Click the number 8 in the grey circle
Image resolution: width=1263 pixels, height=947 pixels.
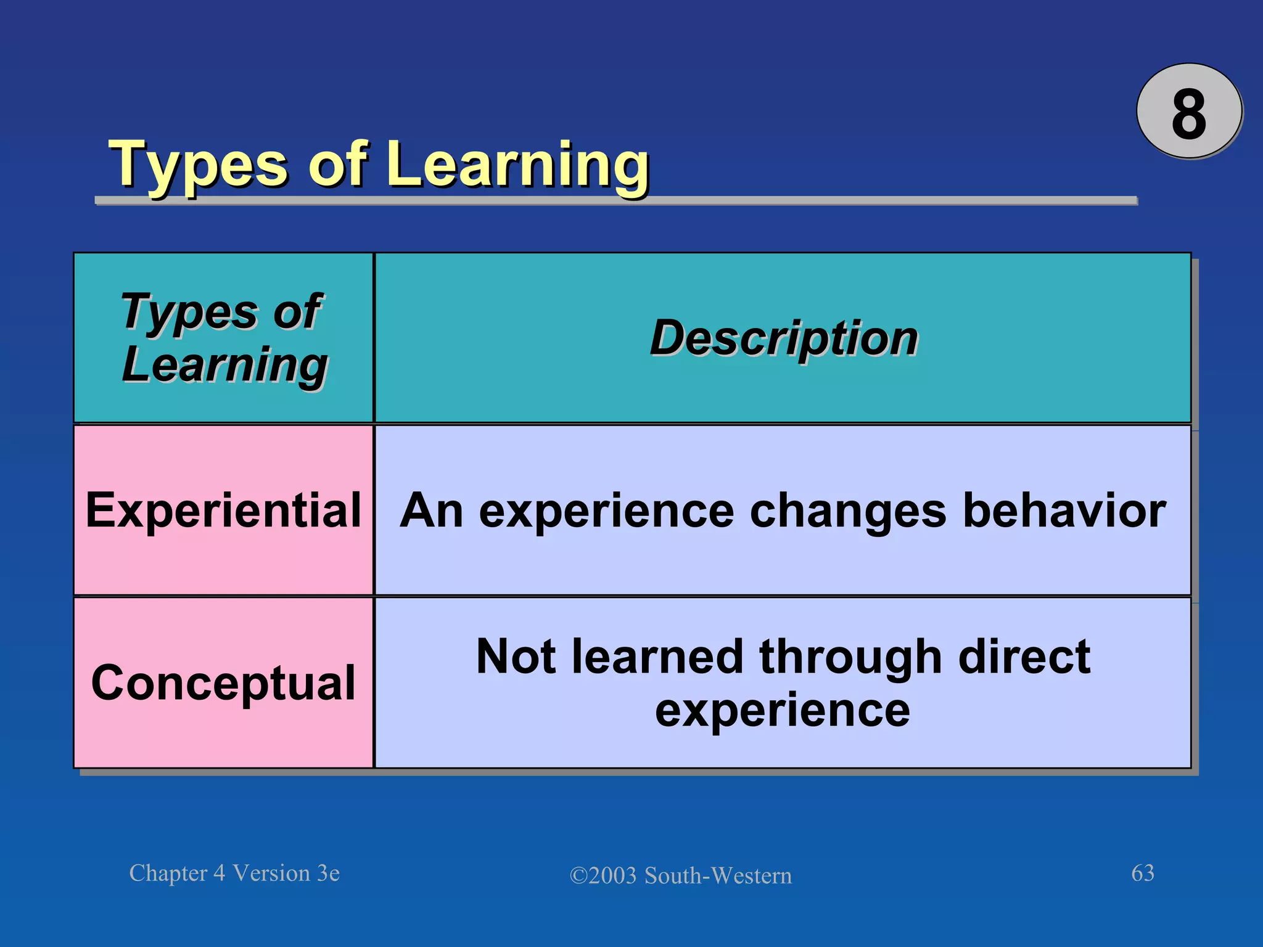click(x=1188, y=115)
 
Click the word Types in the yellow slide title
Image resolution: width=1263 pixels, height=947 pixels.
click(x=198, y=166)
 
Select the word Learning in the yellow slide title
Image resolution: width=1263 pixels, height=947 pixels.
click(x=519, y=166)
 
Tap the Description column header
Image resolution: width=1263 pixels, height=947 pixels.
click(x=784, y=338)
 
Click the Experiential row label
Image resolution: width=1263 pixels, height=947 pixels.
click(x=223, y=511)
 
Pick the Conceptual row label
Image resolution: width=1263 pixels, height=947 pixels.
click(x=223, y=684)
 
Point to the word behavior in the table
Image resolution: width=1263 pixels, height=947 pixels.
click(x=1064, y=511)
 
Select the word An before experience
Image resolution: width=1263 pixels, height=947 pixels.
click(x=431, y=511)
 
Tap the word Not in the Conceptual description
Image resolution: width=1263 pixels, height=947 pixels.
click(x=515, y=657)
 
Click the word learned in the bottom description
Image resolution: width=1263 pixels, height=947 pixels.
click(x=657, y=657)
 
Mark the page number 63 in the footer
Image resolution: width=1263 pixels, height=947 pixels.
click(x=1142, y=873)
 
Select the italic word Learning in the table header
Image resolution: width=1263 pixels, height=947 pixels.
click(x=225, y=366)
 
